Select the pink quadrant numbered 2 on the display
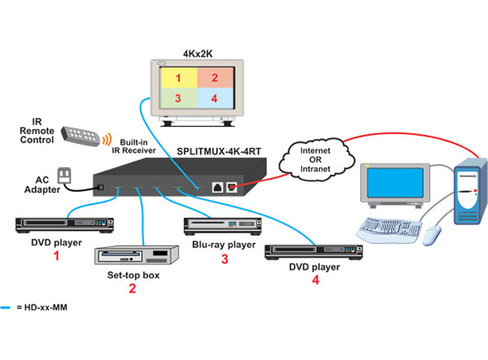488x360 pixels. pos(214,78)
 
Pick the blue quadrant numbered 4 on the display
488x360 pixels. pos(214,99)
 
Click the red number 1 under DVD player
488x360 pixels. pos(54,256)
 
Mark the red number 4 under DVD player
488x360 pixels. pos(315,280)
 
